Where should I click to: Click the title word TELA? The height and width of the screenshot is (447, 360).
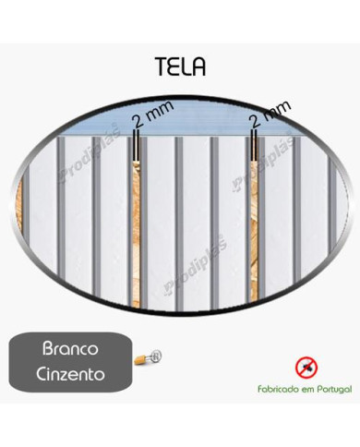pos(181,66)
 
